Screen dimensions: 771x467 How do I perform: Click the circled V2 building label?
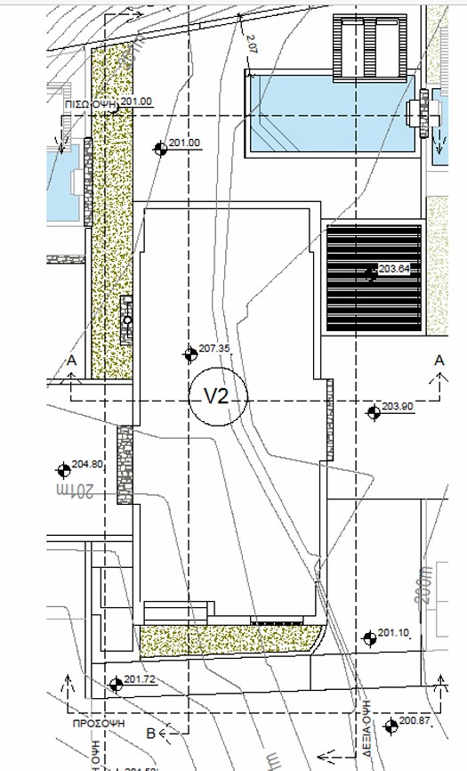click(218, 397)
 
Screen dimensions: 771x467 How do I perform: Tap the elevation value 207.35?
click(214, 348)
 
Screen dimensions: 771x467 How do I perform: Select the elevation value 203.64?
click(393, 268)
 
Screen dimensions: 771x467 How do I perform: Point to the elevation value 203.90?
click(398, 406)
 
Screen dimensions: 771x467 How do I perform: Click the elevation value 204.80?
click(88, 464)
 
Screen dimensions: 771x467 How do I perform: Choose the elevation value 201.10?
click(392, 633)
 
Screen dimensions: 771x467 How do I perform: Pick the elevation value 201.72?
click(141, 679)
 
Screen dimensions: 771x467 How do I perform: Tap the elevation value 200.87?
click(414, 720)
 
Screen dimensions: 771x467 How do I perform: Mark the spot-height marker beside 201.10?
click(369, 637)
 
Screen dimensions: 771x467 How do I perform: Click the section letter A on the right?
click(439, 360)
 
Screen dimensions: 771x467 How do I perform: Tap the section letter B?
click(150, 733)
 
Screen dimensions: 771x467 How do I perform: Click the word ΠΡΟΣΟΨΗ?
click(98, 725)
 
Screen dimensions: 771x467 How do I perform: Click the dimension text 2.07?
click(248, 39)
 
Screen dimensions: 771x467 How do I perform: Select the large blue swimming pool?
click(329, 115)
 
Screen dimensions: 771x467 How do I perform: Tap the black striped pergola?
click(374, 279)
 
